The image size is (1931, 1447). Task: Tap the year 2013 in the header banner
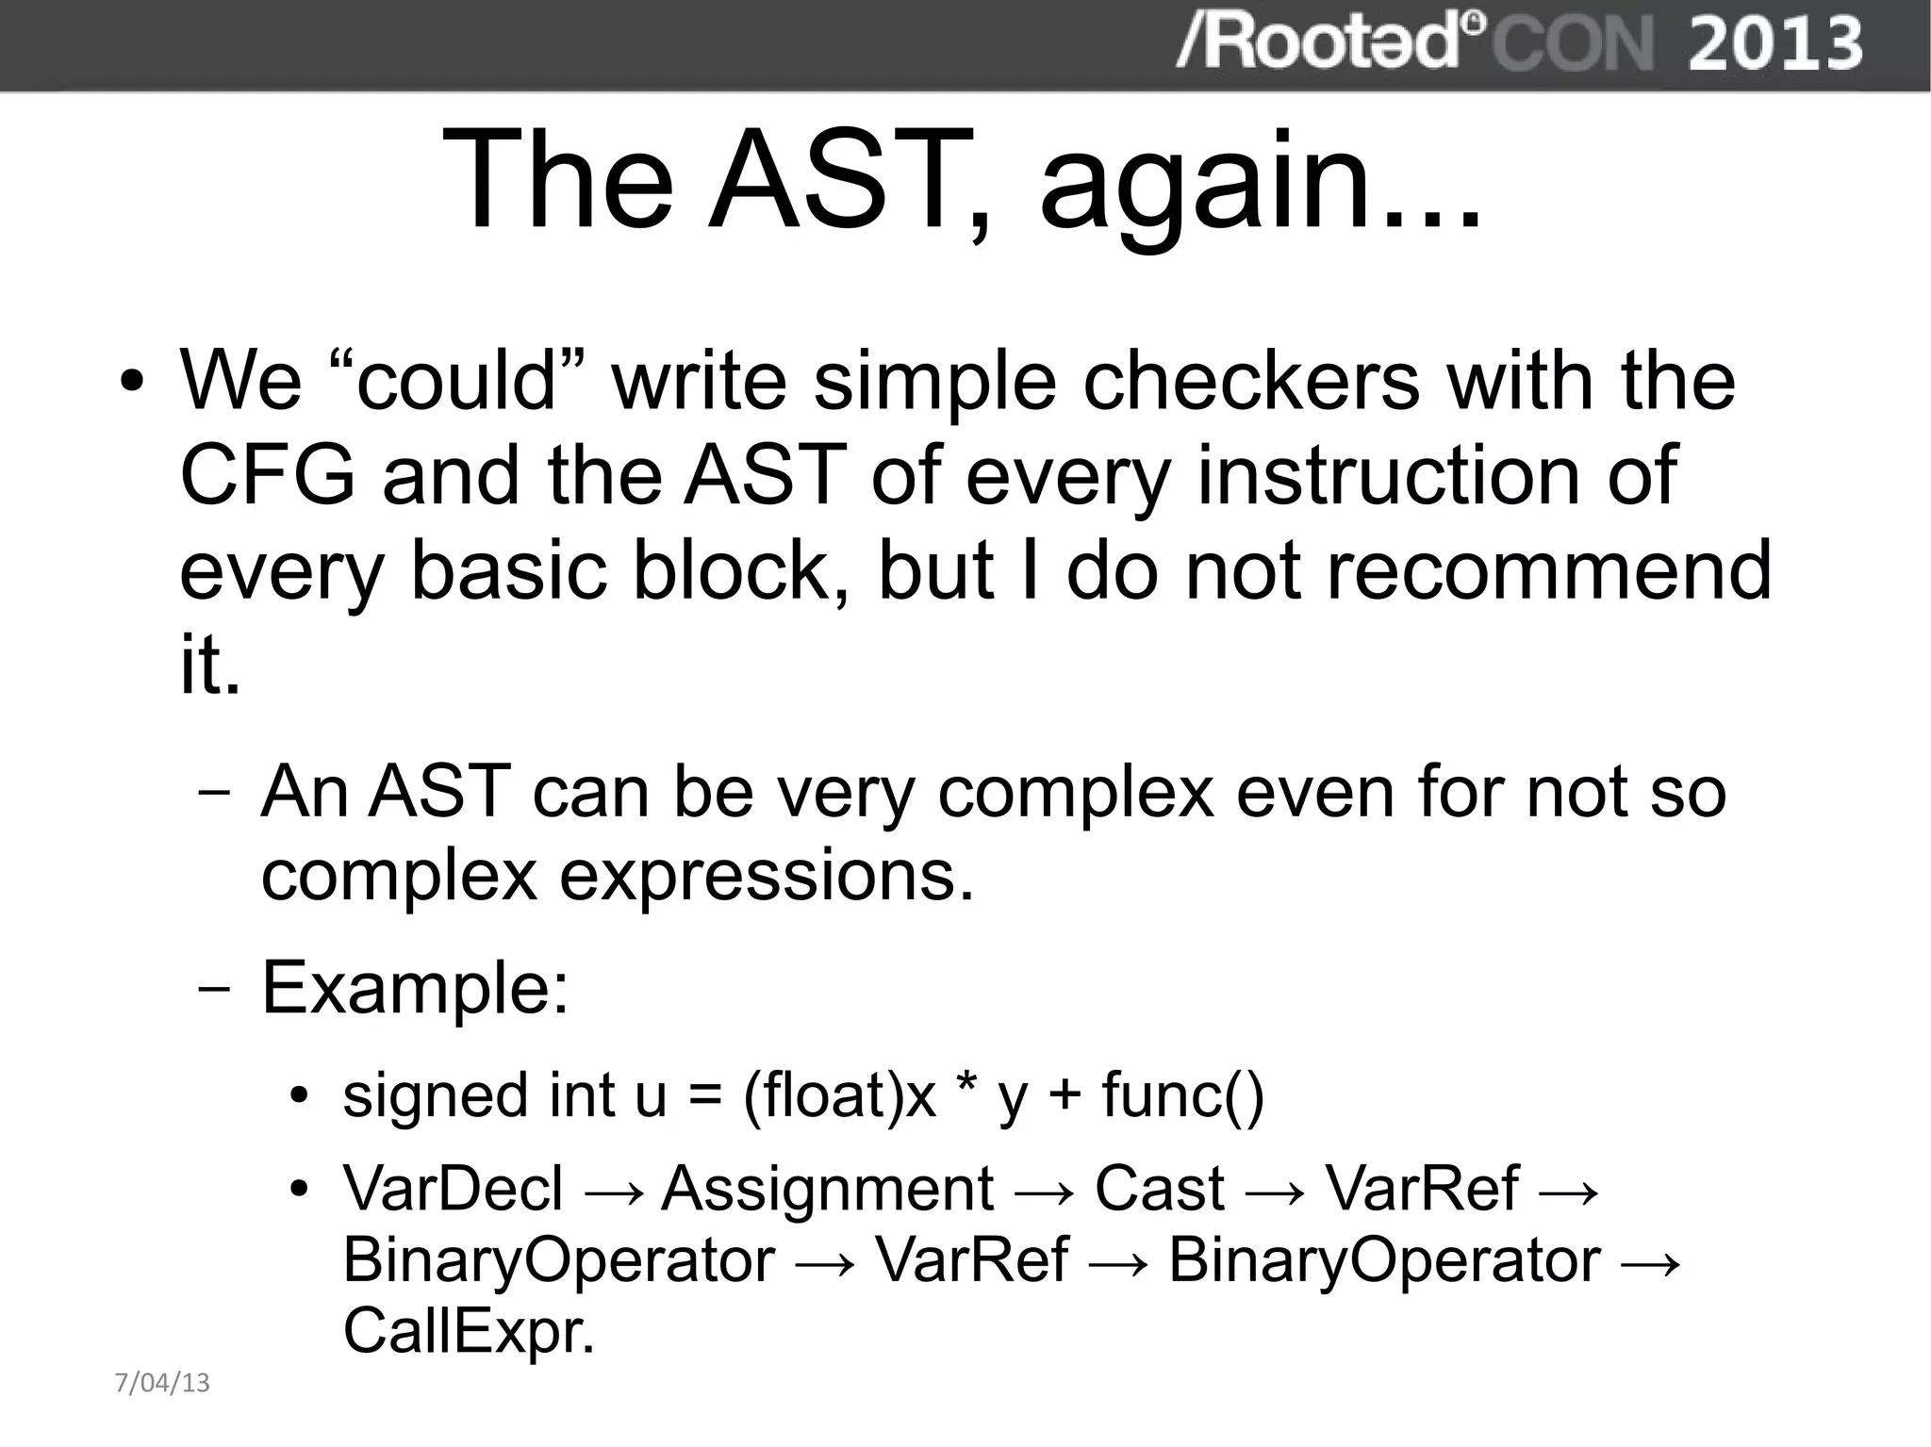pyautogui.click(x=1774, y=43)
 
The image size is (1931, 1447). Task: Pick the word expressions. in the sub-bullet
pyautogui.click(x=767, y=877)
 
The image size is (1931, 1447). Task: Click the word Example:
pyautogui.click(x=416, y=988)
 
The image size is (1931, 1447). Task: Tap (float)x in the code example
pyautogui.click(x=839, y=1095)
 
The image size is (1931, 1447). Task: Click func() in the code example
pyautogui.click(x=1182, y=1095)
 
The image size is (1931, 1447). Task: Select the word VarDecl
pyautogui.click(x=453, y=1188)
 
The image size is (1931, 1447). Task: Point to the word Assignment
pyautogui.click(x=828, y=1188)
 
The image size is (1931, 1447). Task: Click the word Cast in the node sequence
pyautogui.click(x=1160, y=1188)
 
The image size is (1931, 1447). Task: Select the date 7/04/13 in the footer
pyautogui.click(x=162, y=1383)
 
